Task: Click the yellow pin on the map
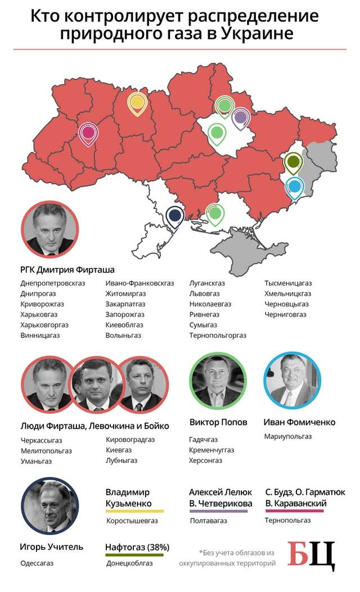coord(137,103)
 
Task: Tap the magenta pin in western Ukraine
coord(88,133)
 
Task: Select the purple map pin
coord(241,118)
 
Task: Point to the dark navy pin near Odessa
coord(175,215)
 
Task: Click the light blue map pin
coord(294,186)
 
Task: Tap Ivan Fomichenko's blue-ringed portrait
coord(292,381)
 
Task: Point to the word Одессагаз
coord(37,563)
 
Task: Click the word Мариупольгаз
coord(288,436)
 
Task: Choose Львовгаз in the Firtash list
coord(205,293)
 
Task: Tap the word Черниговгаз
coord(286,314)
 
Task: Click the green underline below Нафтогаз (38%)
coord(134,554)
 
